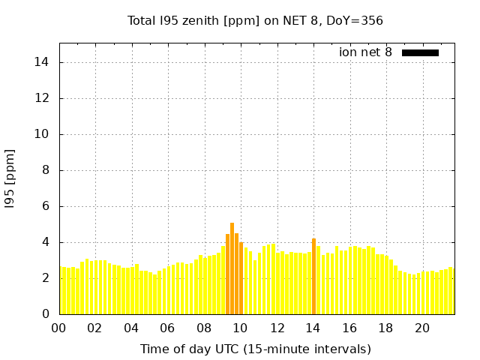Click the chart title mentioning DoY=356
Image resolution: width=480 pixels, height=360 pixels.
pos(255,20)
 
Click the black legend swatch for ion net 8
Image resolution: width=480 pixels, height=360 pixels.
pos(420,52)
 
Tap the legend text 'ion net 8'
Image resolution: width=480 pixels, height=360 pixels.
pos(365,52)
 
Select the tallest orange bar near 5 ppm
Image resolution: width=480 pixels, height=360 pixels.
pos(232,268)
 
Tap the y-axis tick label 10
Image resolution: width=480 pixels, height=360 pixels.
pos(43,134)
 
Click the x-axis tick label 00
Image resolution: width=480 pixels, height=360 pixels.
pos(58,328)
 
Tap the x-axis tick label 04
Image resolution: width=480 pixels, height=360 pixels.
pos(131,328)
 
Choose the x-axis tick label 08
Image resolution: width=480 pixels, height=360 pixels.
pos(204,328)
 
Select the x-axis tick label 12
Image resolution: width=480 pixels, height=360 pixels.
pos(277,328)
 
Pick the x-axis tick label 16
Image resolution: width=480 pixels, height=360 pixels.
pos(349,328)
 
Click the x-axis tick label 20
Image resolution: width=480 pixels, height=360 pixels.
pos(422,328)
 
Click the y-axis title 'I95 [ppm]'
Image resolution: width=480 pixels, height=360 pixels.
pos(10,180)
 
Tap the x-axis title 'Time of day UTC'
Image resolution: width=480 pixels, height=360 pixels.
pos(255,349)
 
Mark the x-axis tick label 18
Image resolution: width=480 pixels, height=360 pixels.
pos(386,328)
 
